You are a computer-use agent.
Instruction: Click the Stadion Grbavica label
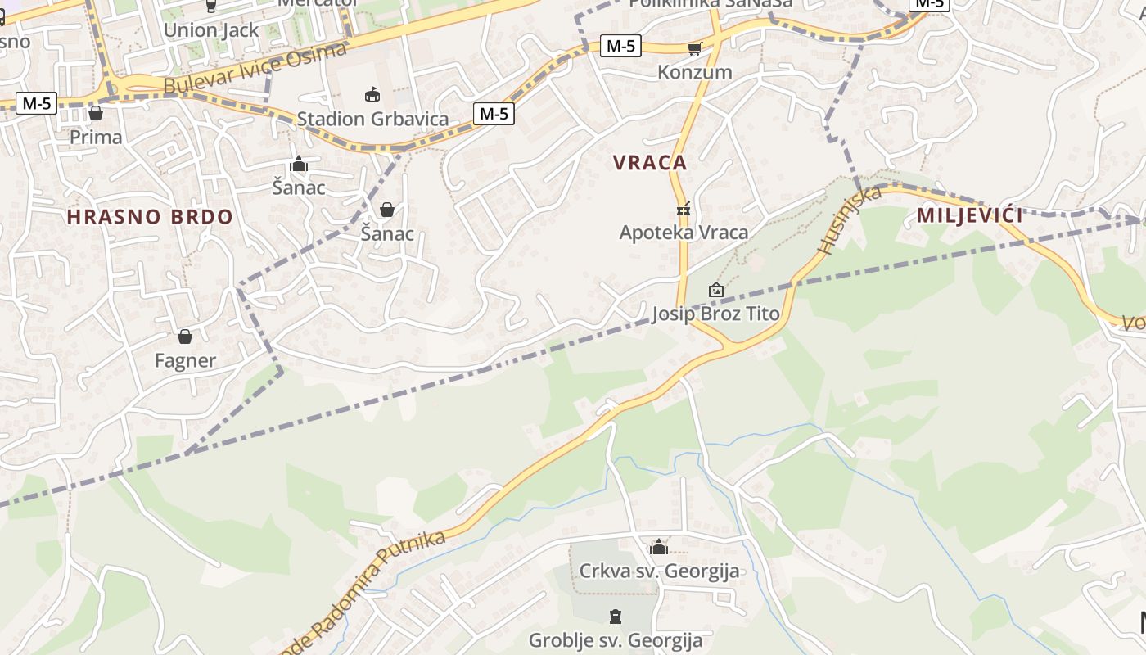(372, 119)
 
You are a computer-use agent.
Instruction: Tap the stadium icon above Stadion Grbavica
(372, 95)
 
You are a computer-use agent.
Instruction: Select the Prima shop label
(96, 137)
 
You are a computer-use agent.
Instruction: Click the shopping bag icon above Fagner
(185, 337)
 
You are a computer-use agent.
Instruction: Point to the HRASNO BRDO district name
(150, 217)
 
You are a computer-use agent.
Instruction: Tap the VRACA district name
(650, 162)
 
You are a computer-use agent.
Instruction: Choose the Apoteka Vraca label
(684, 233)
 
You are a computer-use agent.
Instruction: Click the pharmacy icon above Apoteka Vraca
(684, 209)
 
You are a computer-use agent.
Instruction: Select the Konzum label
(695, 72)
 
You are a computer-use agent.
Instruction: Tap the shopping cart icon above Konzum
(695, 48)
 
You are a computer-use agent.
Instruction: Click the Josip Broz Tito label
(715, 314)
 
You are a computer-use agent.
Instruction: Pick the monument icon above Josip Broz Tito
(715, 290)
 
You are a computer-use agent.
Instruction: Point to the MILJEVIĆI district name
(970, 216)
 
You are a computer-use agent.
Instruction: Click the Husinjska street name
(850, 219)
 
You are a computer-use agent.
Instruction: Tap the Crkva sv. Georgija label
(659, 571)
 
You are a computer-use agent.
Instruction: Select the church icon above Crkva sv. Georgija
(659, 547)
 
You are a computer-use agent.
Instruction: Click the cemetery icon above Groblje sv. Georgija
(616, 617)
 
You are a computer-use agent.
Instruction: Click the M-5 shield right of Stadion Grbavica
(494, 114)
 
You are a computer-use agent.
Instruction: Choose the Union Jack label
(211, 30)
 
